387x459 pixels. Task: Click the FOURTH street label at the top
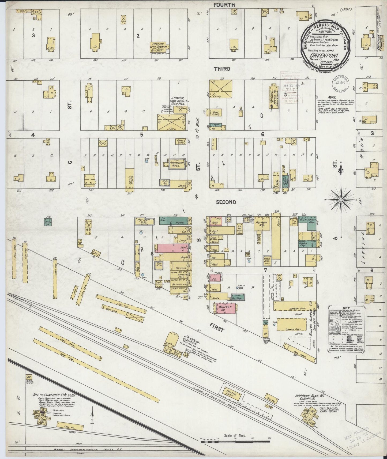click(x=224, y=5)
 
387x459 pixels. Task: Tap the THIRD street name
click(x=222, y=69)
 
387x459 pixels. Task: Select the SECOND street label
click(x=226, y=202)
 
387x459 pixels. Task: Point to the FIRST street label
click(x=217, y=329)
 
